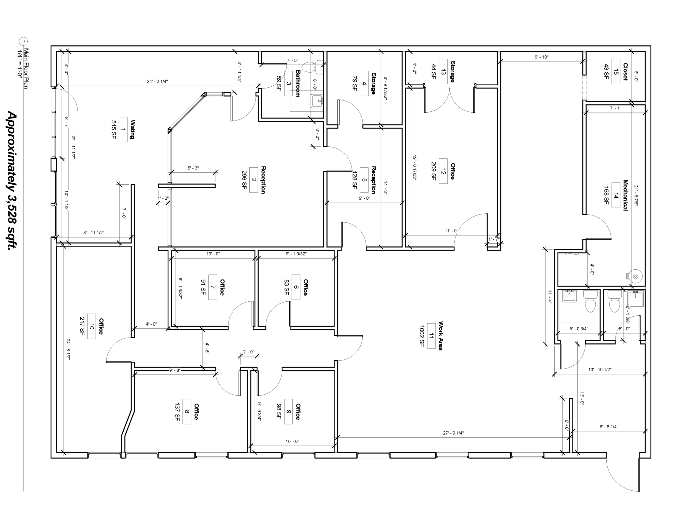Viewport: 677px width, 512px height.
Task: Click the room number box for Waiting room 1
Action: [123, 130]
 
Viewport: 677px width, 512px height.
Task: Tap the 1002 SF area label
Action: [422, 336]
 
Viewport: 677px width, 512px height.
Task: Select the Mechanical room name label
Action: [625, 195]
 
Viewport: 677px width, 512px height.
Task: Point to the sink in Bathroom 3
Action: [317, 101]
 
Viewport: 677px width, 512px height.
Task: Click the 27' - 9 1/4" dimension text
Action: [453, 433]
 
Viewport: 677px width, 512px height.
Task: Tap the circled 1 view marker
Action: [24, 42]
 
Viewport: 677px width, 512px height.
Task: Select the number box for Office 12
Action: [443, 171]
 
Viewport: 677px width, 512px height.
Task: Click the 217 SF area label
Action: [82, 326]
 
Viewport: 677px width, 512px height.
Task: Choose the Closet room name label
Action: [625, 72]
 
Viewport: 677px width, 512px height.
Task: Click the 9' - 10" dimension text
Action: [541, 57]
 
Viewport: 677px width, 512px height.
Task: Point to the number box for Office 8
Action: [187, 412]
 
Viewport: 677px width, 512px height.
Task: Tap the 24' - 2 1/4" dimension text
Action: [157, 82]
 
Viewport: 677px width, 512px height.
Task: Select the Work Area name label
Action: [441, 336]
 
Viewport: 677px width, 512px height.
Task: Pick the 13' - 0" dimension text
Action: [582, 398]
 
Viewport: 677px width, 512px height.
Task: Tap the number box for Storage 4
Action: [364, 84]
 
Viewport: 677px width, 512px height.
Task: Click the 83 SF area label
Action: [287, 287]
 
